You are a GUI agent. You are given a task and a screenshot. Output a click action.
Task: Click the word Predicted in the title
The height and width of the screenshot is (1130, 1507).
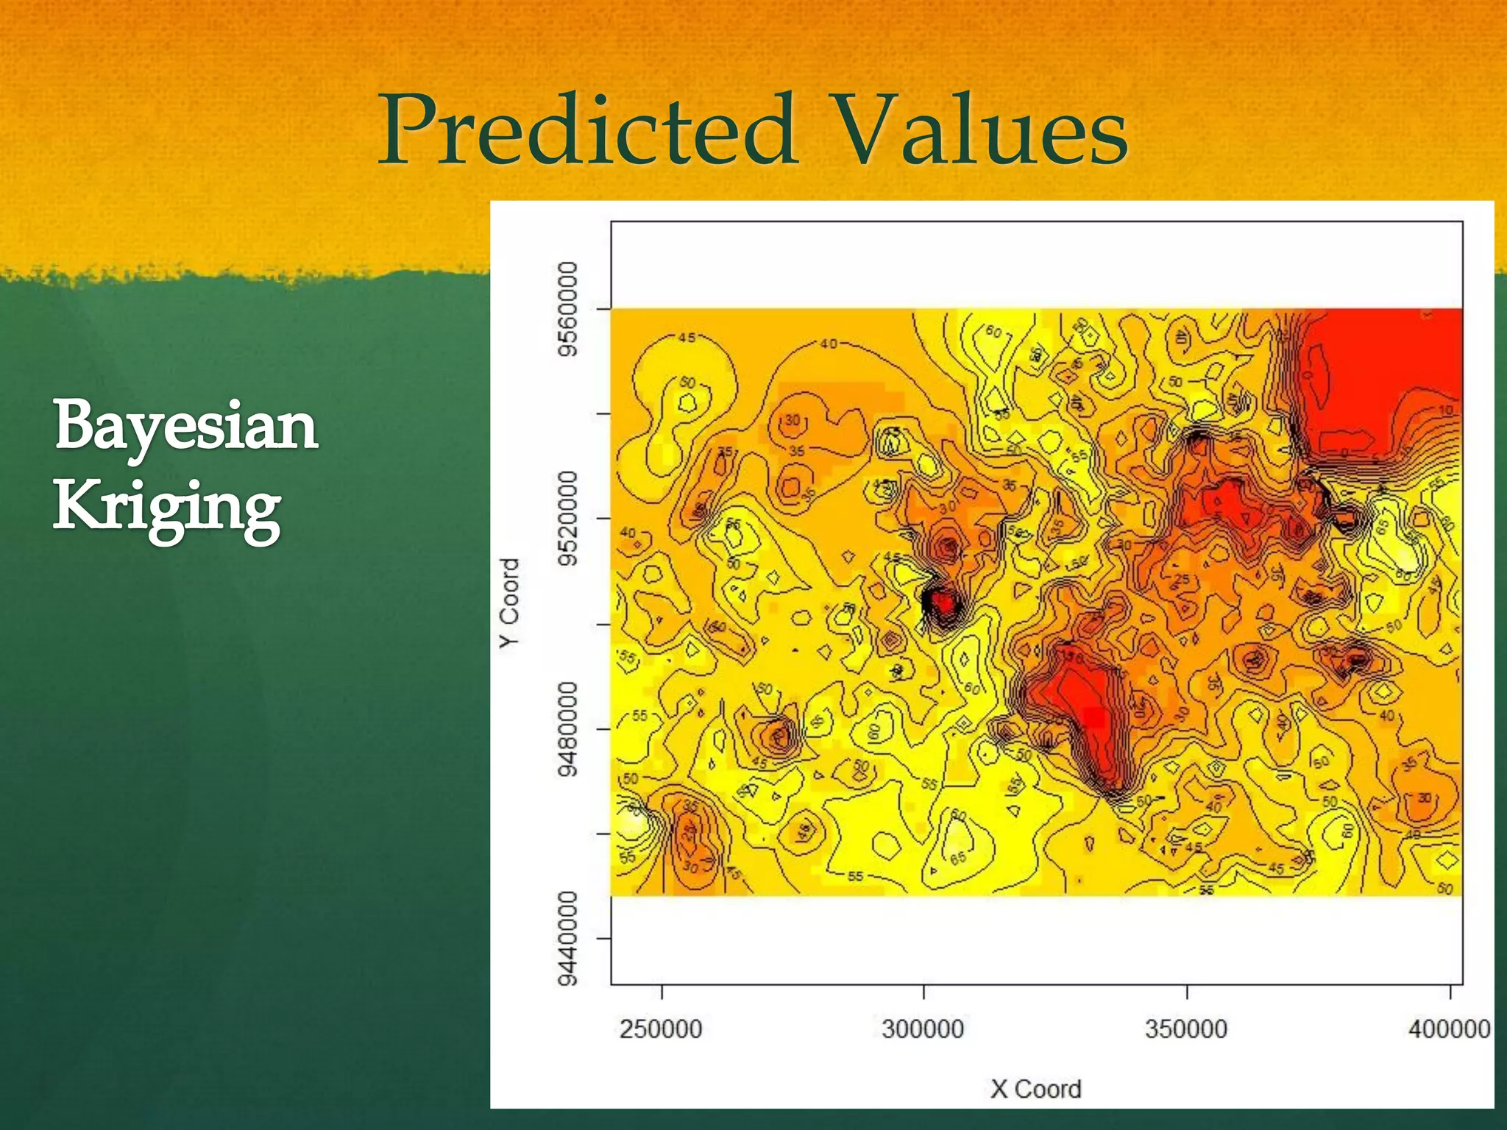click(x=587, y=131)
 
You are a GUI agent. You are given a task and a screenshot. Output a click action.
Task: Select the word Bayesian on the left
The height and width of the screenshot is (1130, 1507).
click(x=185, y=427)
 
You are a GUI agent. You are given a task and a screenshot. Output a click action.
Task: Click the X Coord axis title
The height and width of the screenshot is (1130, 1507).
click(x=1035, y=1089)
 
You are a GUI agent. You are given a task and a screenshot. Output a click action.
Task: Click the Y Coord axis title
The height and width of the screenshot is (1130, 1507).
click(x=509, y=603)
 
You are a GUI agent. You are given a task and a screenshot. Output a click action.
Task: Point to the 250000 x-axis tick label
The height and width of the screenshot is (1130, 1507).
click(x=661, y=1028)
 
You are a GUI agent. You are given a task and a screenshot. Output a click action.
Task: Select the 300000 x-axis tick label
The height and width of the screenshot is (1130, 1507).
click(x=923, y=1028)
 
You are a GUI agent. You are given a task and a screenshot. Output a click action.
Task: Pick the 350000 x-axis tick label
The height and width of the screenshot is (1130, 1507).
click(x=1186, y=1028)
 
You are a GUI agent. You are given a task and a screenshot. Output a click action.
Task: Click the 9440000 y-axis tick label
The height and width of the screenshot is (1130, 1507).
click(x=567, y=939)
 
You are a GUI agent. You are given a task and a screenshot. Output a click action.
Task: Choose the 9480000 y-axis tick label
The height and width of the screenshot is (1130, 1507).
click(x=567, y=728)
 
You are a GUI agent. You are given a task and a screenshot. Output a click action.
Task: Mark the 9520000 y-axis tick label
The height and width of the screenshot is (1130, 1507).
click(x=567, y=519)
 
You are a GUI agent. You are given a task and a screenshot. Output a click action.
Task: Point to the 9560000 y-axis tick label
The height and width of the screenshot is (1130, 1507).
click(x=567, y=308)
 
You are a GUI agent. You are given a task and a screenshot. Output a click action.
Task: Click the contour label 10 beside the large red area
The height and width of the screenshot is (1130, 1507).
click(x=1445, y=411)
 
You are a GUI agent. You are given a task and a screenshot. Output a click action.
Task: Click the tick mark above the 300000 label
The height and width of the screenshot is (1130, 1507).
click(x=923, y=992)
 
